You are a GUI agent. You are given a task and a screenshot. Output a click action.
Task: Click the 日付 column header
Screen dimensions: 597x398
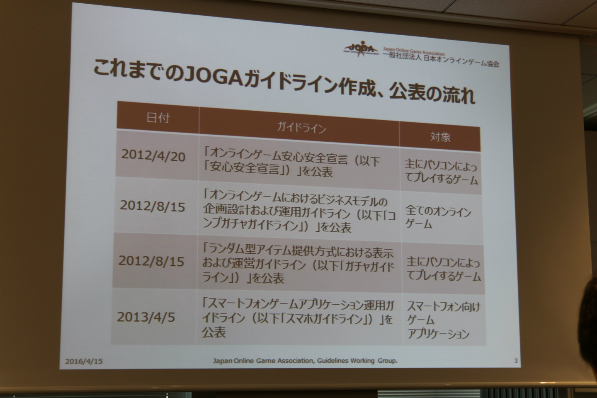[158, 118]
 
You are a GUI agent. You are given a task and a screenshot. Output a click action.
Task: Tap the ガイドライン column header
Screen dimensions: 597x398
[301, 128]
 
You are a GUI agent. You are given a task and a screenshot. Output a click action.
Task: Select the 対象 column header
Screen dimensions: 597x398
[440, 137]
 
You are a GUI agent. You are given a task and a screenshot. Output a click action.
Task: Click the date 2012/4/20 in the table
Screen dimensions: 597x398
[153, 156]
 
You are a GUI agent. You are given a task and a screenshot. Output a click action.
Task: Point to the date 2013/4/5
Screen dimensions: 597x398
[146, 317]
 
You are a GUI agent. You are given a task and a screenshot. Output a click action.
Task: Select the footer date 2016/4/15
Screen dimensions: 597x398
[84, 361]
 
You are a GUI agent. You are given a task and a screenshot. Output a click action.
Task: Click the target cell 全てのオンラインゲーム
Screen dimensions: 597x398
[438, 218]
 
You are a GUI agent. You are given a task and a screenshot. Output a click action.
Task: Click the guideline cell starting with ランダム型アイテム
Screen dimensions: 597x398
[298, 264]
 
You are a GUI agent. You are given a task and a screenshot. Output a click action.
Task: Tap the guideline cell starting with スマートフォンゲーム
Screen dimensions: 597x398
[297, 319]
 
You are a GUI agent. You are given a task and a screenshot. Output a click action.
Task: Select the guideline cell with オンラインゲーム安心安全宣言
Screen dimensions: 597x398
[292, 165]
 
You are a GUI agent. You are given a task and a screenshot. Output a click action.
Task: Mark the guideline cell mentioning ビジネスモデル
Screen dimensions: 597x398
[299, 214]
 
